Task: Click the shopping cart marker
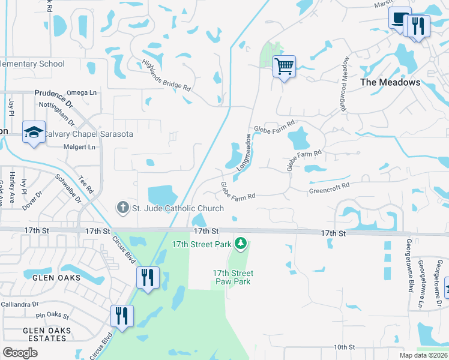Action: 284,65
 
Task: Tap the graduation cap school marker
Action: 34,132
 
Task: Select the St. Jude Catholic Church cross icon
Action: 122,208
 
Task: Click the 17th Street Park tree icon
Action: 240,243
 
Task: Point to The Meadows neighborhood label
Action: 390,82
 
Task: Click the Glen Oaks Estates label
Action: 47,334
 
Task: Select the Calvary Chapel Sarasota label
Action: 89,134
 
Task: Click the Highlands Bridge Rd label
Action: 166,76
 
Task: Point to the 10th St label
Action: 345,347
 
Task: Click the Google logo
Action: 20,352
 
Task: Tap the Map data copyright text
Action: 424,355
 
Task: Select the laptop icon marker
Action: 399,17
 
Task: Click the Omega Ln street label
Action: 81,92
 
